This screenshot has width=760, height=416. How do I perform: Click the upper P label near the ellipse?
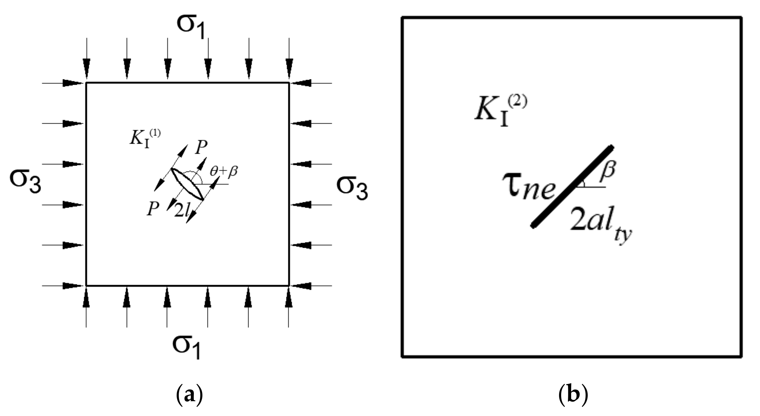[201, 148]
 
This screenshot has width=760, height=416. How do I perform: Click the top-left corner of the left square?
[86, 83]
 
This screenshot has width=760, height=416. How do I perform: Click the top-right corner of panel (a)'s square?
[289, 83]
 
